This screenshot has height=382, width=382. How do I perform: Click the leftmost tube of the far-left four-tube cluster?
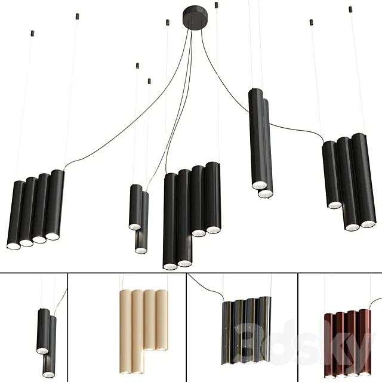pos(15,214)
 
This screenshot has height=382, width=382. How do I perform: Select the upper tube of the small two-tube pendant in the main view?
pos(135,207)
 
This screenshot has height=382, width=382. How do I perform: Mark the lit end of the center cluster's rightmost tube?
pos(213,229)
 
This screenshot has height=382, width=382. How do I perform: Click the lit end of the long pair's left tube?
pos(258,184)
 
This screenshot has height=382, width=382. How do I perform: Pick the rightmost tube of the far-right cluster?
pos(365,179)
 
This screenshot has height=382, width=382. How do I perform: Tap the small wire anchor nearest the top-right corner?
pos(350,9)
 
